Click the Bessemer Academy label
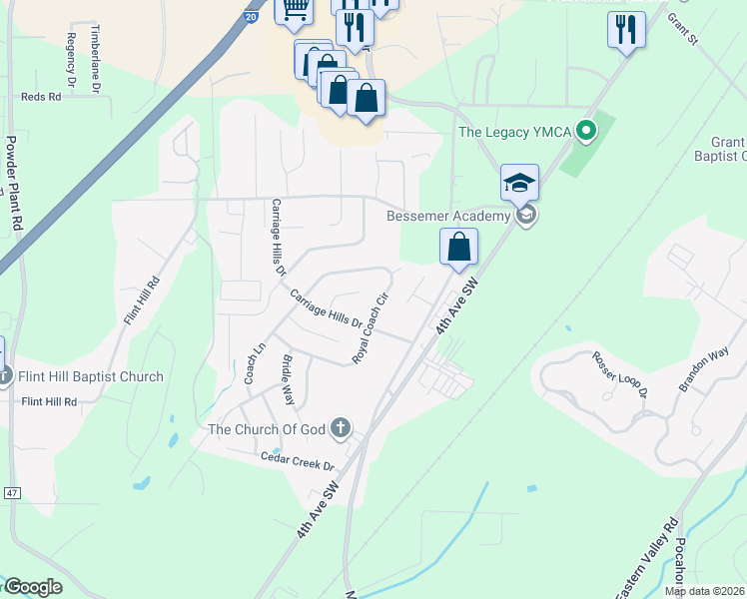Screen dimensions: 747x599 (448, 216)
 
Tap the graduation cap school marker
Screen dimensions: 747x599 (519, 183)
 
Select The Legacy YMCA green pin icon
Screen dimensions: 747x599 (588, 130)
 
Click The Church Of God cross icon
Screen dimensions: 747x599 (341, 429)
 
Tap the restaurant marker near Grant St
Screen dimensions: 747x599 (626, 30)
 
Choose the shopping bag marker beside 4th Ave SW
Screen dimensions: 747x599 (458, 248)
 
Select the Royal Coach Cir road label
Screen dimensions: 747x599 (370, 328)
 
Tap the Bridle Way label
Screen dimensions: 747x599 (288, 379)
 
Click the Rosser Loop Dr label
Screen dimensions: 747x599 (619, 374)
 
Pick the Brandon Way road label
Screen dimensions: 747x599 (705, 369)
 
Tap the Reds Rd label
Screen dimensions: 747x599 (41, 97)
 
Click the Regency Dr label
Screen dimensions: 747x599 (70, 57)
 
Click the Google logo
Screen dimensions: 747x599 (32, 587)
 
